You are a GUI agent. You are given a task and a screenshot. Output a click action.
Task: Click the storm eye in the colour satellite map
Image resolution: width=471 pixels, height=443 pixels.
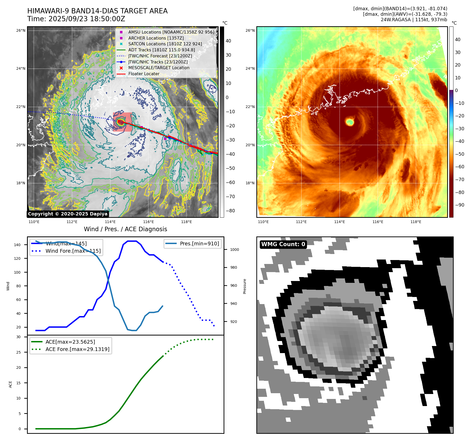coord(350,122)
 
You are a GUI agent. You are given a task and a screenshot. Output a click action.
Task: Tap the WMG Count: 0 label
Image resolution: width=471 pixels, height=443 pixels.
coord(283,244)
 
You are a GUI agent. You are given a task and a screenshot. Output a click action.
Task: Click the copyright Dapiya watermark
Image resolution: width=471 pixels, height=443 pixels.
coord(68,214)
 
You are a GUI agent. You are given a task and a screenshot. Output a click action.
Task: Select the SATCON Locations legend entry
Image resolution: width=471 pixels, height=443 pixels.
coord(165,44)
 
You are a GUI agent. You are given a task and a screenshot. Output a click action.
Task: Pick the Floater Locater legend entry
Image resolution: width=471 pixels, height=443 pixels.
coord(144,74)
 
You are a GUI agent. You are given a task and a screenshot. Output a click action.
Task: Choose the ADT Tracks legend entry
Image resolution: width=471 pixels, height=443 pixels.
coord(161,50)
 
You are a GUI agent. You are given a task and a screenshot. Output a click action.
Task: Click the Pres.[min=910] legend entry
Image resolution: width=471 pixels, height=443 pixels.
coord(199,244)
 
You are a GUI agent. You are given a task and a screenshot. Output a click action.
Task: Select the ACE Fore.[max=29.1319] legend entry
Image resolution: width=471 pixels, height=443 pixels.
coord(77,349)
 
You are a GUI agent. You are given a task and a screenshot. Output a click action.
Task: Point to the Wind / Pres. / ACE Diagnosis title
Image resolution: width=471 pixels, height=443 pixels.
coord(125,229)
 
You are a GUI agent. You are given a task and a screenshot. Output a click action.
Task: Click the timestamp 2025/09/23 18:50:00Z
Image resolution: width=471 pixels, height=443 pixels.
coord(87,19)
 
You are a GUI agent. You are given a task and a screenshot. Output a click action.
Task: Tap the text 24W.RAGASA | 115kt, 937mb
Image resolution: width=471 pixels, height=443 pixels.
coord(414,20)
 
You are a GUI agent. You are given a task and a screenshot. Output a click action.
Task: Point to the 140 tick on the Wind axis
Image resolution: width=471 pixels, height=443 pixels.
coord(17,245)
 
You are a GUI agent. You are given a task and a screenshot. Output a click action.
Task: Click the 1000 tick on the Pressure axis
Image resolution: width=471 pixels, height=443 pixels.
coord(234,250)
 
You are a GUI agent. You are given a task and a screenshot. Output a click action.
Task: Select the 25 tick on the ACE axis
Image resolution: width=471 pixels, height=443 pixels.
coord(18,352)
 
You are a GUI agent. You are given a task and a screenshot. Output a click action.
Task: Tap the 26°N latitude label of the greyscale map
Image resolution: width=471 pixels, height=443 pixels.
coord(21,31)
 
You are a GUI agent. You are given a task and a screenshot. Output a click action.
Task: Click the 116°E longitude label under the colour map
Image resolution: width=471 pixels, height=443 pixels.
coord(378,222)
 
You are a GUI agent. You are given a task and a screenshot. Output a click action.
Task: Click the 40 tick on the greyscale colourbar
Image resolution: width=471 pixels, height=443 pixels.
coord(228,41)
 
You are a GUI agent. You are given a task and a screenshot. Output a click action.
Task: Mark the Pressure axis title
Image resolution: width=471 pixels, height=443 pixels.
coord(245,286)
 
